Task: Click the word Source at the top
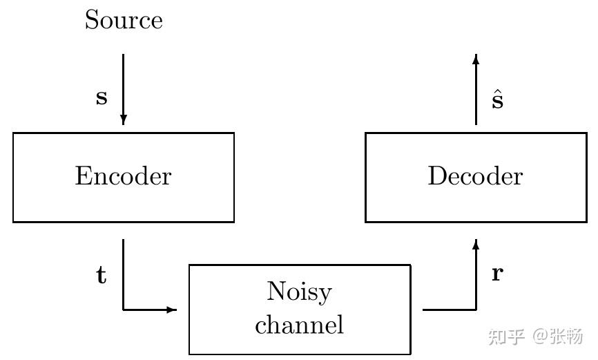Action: [124, 20]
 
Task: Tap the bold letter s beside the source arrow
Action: [102, 97]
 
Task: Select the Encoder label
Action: [123, 176]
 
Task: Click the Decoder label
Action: [475, 176]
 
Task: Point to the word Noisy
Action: [299, 292]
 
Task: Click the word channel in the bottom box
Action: [299, 324]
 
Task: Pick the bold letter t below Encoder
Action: [101, 276]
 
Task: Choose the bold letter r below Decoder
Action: [497, 274]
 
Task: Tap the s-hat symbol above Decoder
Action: [497, 100]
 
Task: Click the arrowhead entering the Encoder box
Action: [124, 120]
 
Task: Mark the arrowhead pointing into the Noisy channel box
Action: [172, 310]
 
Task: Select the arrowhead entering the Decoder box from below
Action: [476, 244]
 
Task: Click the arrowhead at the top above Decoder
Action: [476, 59]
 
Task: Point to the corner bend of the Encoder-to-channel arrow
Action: [124, 310]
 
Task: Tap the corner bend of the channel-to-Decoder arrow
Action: [476, 310]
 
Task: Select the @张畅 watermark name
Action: [558, 337]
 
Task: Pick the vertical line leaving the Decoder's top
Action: [476, 93]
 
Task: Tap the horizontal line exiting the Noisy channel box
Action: [449, 310]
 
